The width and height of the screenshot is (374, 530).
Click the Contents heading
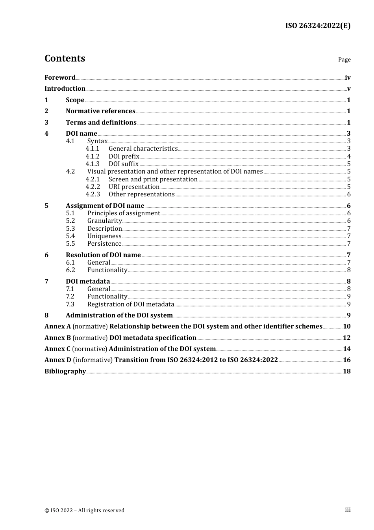coord(65,58)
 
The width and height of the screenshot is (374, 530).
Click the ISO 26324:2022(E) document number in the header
coord(318,26)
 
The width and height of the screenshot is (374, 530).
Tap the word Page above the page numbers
coord(344,60)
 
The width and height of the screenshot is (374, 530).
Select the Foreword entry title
coord(60,78)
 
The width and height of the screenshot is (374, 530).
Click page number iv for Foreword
coord(348,78)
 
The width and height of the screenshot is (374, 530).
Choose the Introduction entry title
coord(65,89)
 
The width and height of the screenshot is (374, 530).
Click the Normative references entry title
coord(100,111)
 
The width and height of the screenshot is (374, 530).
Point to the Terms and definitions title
coord(101,123)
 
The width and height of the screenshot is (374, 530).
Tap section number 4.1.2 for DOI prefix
coord(93,157)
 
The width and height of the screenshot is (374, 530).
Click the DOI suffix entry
coord(124,164)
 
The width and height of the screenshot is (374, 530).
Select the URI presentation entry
coord(134,187)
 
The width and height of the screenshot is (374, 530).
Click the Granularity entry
coord(104,221)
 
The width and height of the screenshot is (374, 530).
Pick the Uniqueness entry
coord(104,236)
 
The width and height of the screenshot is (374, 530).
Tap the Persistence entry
coord(104,244)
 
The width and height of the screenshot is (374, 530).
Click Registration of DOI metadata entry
coord(131,304)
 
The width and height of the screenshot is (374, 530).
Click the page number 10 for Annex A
coord(346,327)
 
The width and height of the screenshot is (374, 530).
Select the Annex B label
coord(57,338)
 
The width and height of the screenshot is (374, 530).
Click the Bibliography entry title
coord(65,371)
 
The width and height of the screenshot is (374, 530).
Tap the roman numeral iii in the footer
coord(348,510)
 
